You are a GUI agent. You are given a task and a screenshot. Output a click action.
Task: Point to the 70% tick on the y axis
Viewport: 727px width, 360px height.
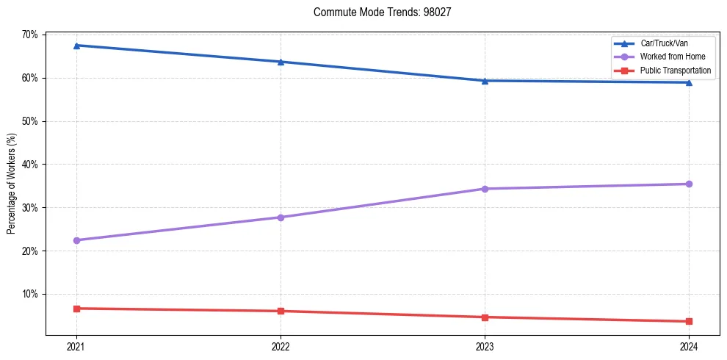click(x=30, y=35)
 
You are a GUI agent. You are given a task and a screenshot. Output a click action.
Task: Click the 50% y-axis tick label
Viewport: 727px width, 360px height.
click(x=30, y=121)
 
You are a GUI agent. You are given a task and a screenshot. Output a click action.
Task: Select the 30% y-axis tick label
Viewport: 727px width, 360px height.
click(x=30, y=208)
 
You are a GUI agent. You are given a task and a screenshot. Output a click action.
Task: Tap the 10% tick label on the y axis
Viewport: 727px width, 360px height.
click(x=30, y=295)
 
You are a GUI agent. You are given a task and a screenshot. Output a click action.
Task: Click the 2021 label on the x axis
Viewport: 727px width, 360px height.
click(x=76, y=346)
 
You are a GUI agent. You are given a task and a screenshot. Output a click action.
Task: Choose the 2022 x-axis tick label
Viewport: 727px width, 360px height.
click(x=281, y=346)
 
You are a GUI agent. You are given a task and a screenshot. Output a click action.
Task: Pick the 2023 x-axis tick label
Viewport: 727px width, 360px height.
click(x=485, y=346)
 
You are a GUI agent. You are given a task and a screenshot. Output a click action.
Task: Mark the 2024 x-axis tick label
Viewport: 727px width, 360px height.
click(x=689, y=346)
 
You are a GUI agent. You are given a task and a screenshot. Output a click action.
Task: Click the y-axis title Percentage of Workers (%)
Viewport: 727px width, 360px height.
click(x=12, y=184)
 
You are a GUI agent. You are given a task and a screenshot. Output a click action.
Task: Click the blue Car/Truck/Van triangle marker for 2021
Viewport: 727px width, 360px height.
click(x=76, y=46)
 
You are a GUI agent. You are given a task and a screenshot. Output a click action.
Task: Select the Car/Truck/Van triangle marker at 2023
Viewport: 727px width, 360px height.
click(x=485, y=81)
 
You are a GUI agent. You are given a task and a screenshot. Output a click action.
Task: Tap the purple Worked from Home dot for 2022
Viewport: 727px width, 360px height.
click(x=281, y=217)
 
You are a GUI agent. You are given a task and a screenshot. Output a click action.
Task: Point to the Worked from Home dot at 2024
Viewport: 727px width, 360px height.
click(x=689, y=184)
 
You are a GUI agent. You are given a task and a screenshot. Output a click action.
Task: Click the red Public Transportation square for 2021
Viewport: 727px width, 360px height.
click(x=76, y=309)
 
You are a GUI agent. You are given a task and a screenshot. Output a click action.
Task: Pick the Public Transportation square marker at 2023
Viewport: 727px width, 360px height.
click(x=485, y=317)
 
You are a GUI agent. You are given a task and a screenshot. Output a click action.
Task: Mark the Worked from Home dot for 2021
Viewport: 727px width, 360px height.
click(x=76, y=240)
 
